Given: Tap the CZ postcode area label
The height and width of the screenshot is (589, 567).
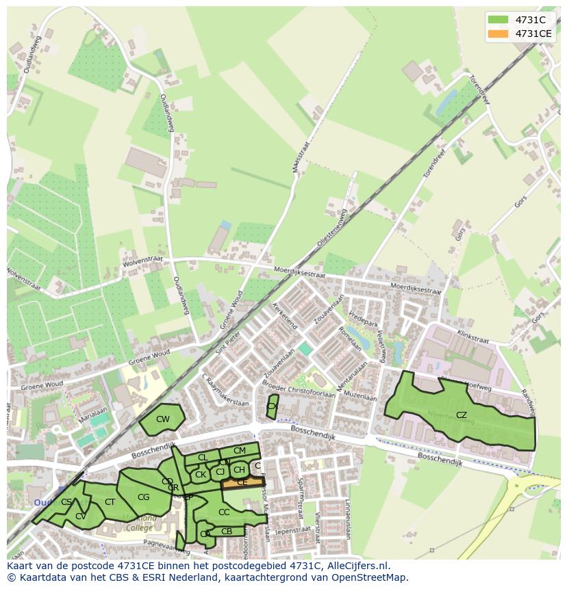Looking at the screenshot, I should point(462,415).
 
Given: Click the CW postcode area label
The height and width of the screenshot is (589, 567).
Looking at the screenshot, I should point(162,419).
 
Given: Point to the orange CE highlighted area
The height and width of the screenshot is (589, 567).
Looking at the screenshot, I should point(242,482).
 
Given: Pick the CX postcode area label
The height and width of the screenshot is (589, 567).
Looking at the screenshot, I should point(272,406).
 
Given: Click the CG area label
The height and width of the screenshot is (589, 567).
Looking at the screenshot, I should point(143,497).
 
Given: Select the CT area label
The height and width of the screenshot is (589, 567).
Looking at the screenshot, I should point(110,502).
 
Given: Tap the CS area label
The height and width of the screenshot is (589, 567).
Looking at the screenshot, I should point(66,502).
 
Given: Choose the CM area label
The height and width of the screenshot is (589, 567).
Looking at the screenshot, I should point(239,451).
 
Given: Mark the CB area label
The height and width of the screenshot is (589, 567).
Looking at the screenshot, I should point(227,532).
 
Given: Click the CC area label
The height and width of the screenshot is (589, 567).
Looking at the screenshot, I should point(224,512).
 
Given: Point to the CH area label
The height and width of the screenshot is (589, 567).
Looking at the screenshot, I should point(239,470).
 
